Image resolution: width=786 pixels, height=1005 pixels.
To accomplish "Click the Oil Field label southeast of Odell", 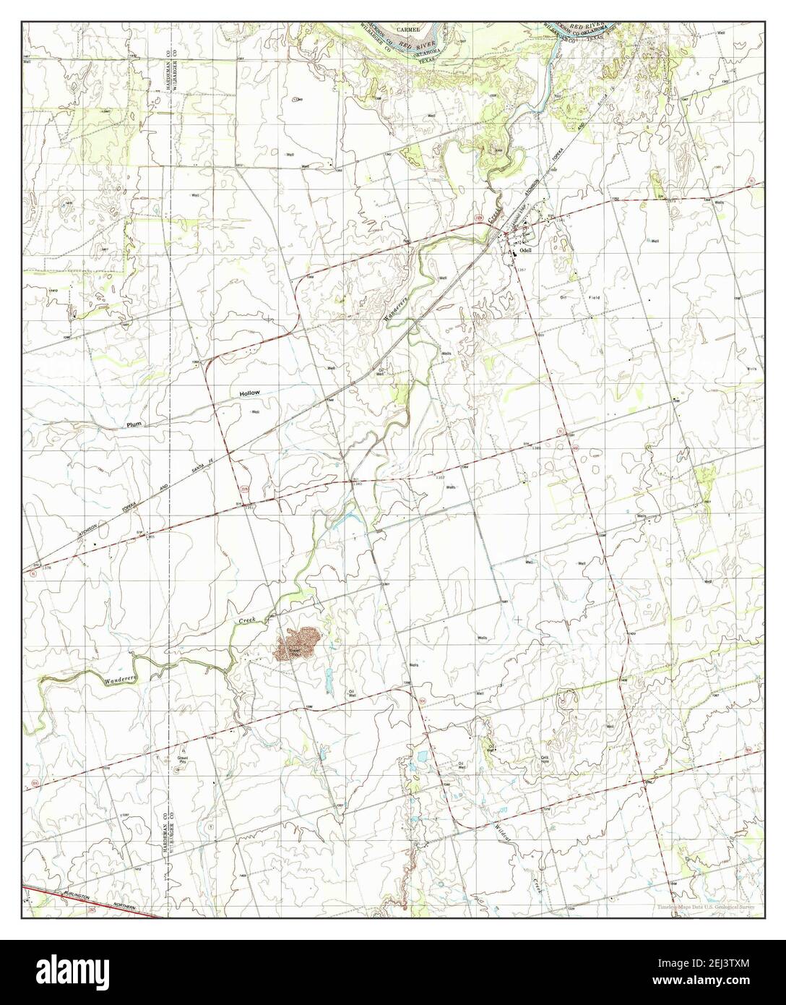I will pos(580,297).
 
